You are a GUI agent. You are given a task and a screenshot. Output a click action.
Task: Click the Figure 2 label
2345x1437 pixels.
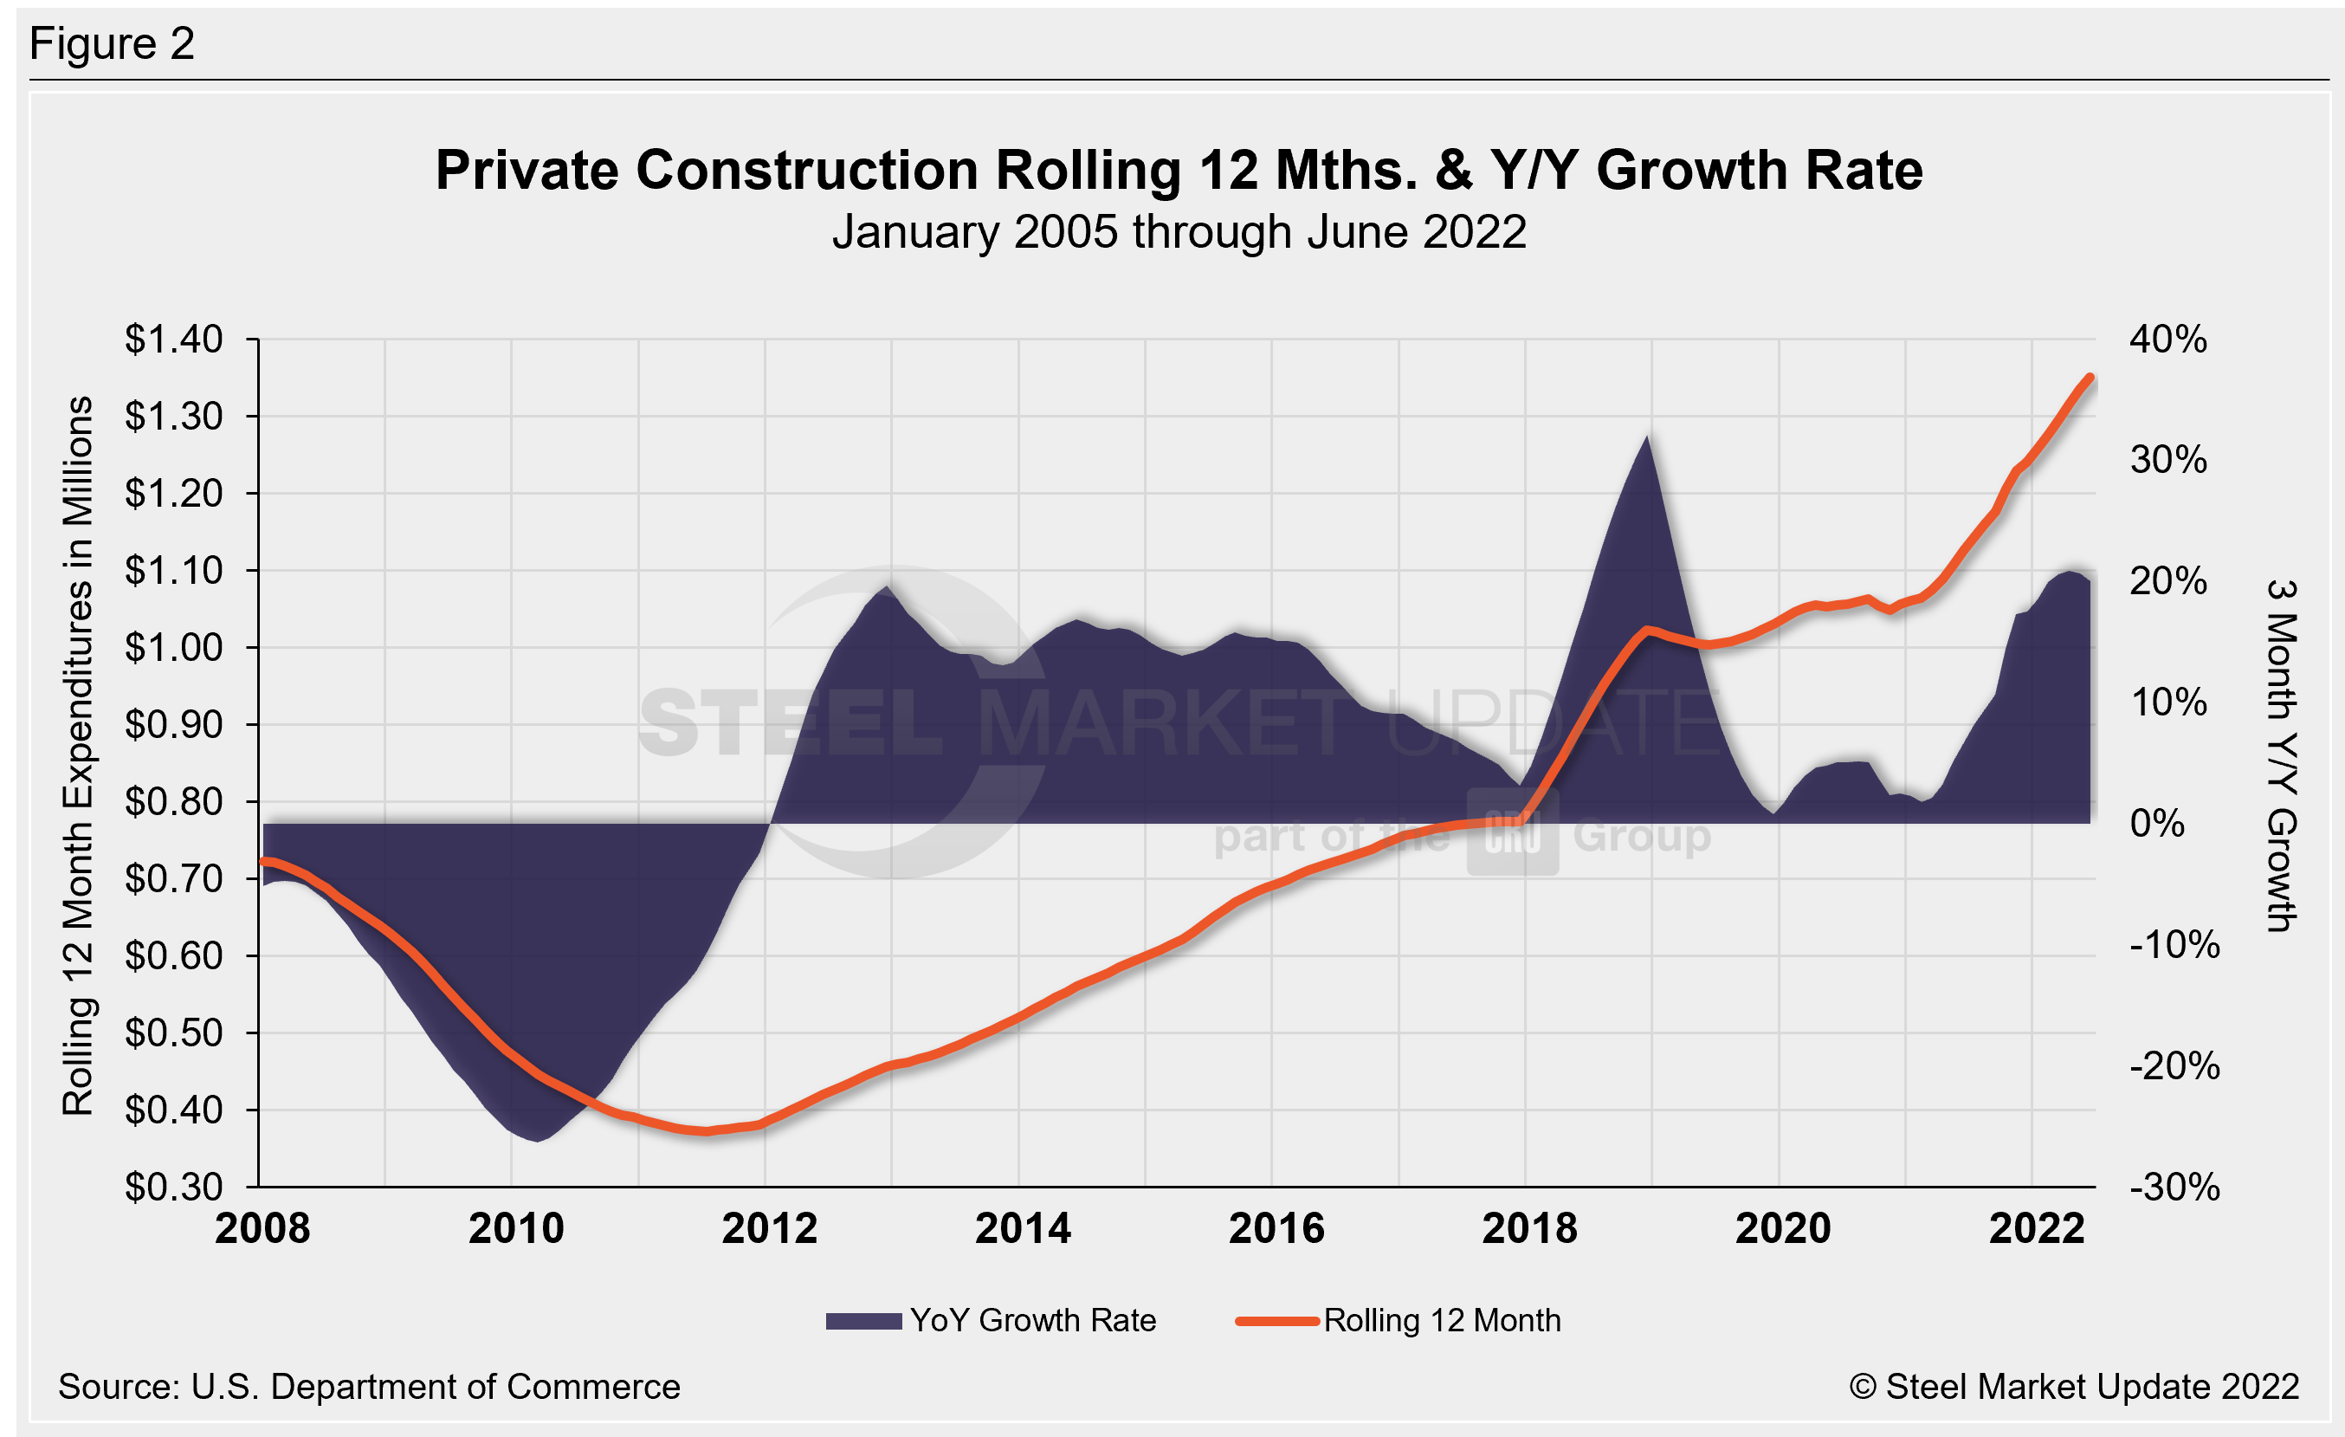click(112, 44)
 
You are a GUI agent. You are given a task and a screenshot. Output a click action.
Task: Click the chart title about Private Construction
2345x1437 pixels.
click(1179, 171)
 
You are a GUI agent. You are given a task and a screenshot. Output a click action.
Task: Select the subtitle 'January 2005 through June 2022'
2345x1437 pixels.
click(1179, 232)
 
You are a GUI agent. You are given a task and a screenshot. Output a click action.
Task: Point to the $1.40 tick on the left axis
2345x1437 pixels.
click(173, 340)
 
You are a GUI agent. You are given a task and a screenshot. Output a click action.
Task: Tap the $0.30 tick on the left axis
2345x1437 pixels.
click(173, 1187)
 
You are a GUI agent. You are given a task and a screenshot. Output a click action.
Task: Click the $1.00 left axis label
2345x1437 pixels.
click(173, 648)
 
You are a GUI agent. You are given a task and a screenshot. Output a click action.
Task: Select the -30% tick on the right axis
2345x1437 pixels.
click(2174, 1187)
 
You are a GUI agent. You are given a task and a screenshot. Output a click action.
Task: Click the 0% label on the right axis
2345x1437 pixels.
click(2156, 823)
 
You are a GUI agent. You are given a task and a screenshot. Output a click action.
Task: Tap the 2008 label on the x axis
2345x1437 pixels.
click(262, 1228)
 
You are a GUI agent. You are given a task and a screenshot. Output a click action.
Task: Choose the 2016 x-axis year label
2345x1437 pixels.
click(1276, 1228)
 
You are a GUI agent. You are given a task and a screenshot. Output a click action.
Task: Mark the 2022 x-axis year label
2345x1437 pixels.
click(2037, 1228)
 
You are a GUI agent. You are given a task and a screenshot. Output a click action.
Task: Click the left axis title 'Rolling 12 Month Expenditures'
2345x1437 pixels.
click(78, 755)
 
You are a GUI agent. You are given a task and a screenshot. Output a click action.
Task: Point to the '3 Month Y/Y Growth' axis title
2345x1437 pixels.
click(2282, 755)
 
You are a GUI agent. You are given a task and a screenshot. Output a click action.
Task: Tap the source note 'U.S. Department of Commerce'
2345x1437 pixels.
click(369, 1387)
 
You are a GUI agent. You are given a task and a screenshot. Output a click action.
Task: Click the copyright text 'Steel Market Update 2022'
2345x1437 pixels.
click(2074, 1387)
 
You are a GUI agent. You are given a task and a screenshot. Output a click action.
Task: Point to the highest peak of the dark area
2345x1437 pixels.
click(1646, 437)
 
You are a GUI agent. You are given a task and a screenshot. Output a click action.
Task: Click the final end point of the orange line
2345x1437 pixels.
click(2090, 378)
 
